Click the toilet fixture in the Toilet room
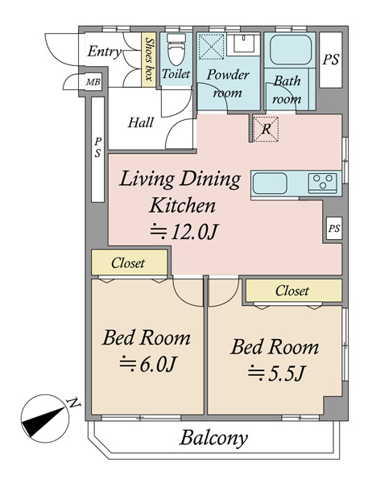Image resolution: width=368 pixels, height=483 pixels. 176,49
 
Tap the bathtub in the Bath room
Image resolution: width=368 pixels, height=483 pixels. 291,50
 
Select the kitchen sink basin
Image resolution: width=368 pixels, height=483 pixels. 270,184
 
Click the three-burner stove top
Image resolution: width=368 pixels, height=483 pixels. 323,183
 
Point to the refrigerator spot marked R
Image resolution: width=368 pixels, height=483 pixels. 266,129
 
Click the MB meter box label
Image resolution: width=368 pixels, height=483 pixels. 93,82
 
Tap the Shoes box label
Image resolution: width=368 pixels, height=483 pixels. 150,60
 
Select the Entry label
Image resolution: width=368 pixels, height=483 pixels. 105,52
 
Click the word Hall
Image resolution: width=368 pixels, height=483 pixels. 141,122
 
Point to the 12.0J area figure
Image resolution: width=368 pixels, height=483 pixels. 184,232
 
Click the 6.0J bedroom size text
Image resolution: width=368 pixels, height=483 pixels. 147,364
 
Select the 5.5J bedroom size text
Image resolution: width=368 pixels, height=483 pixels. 276,374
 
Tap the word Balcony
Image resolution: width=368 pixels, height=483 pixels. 213,438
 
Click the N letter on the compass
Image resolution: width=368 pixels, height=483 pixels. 73,403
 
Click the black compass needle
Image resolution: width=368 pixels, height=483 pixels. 44,421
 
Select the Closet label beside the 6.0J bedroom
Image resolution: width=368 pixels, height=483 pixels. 128,263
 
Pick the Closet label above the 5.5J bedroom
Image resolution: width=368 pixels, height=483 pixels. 292,291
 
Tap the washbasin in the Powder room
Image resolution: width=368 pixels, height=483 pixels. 243,43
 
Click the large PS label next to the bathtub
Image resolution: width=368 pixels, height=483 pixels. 331,60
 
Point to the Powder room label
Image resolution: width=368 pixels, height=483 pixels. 228,84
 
